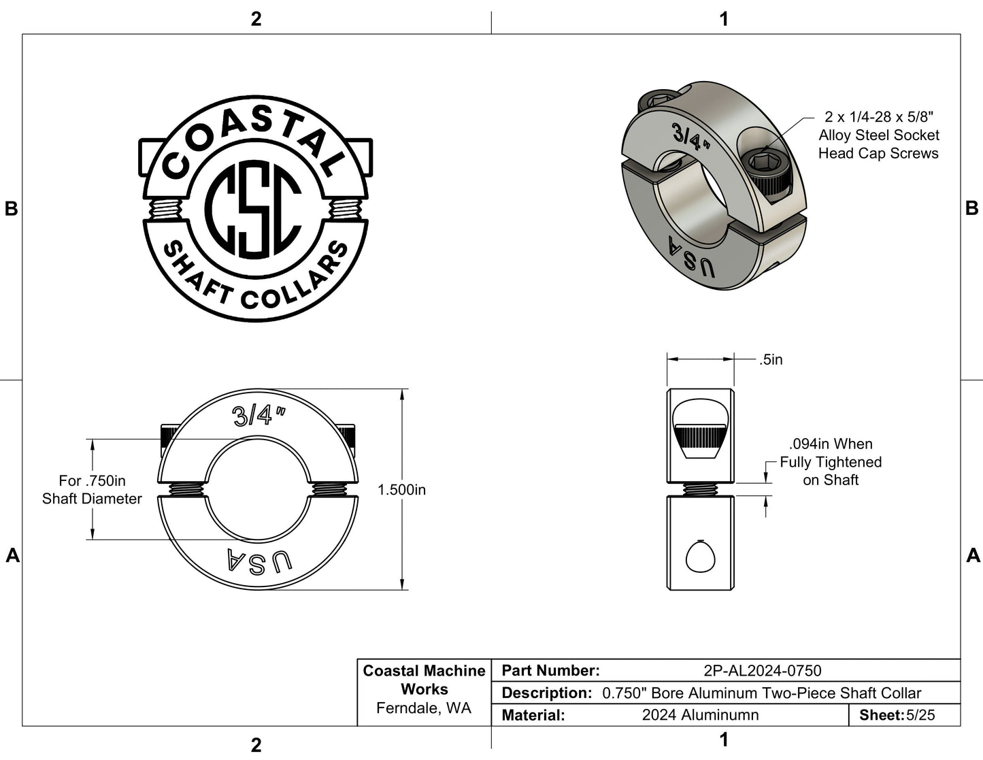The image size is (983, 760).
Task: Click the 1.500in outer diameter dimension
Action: [x=401, y=490]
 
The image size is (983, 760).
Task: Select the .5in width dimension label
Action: [x=771, y=360]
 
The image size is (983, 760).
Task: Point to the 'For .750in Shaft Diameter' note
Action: [x=92, y=490]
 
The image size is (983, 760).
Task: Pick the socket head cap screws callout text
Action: [x=878, y=135]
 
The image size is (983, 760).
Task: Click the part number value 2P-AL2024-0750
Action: [x=763, y=671]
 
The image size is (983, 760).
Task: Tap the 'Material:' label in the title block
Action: [x=533, y=715]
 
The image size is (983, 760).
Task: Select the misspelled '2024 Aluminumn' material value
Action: [x=700, y=715]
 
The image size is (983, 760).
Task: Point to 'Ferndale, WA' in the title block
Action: [x=424, y=708]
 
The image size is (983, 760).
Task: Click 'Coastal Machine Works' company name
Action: [x=424, y=680]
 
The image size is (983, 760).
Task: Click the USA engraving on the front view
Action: [x=259, y=561]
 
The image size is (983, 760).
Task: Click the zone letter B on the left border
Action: [x=11, y=209]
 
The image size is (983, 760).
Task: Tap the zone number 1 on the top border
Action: [x=724, y=19]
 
